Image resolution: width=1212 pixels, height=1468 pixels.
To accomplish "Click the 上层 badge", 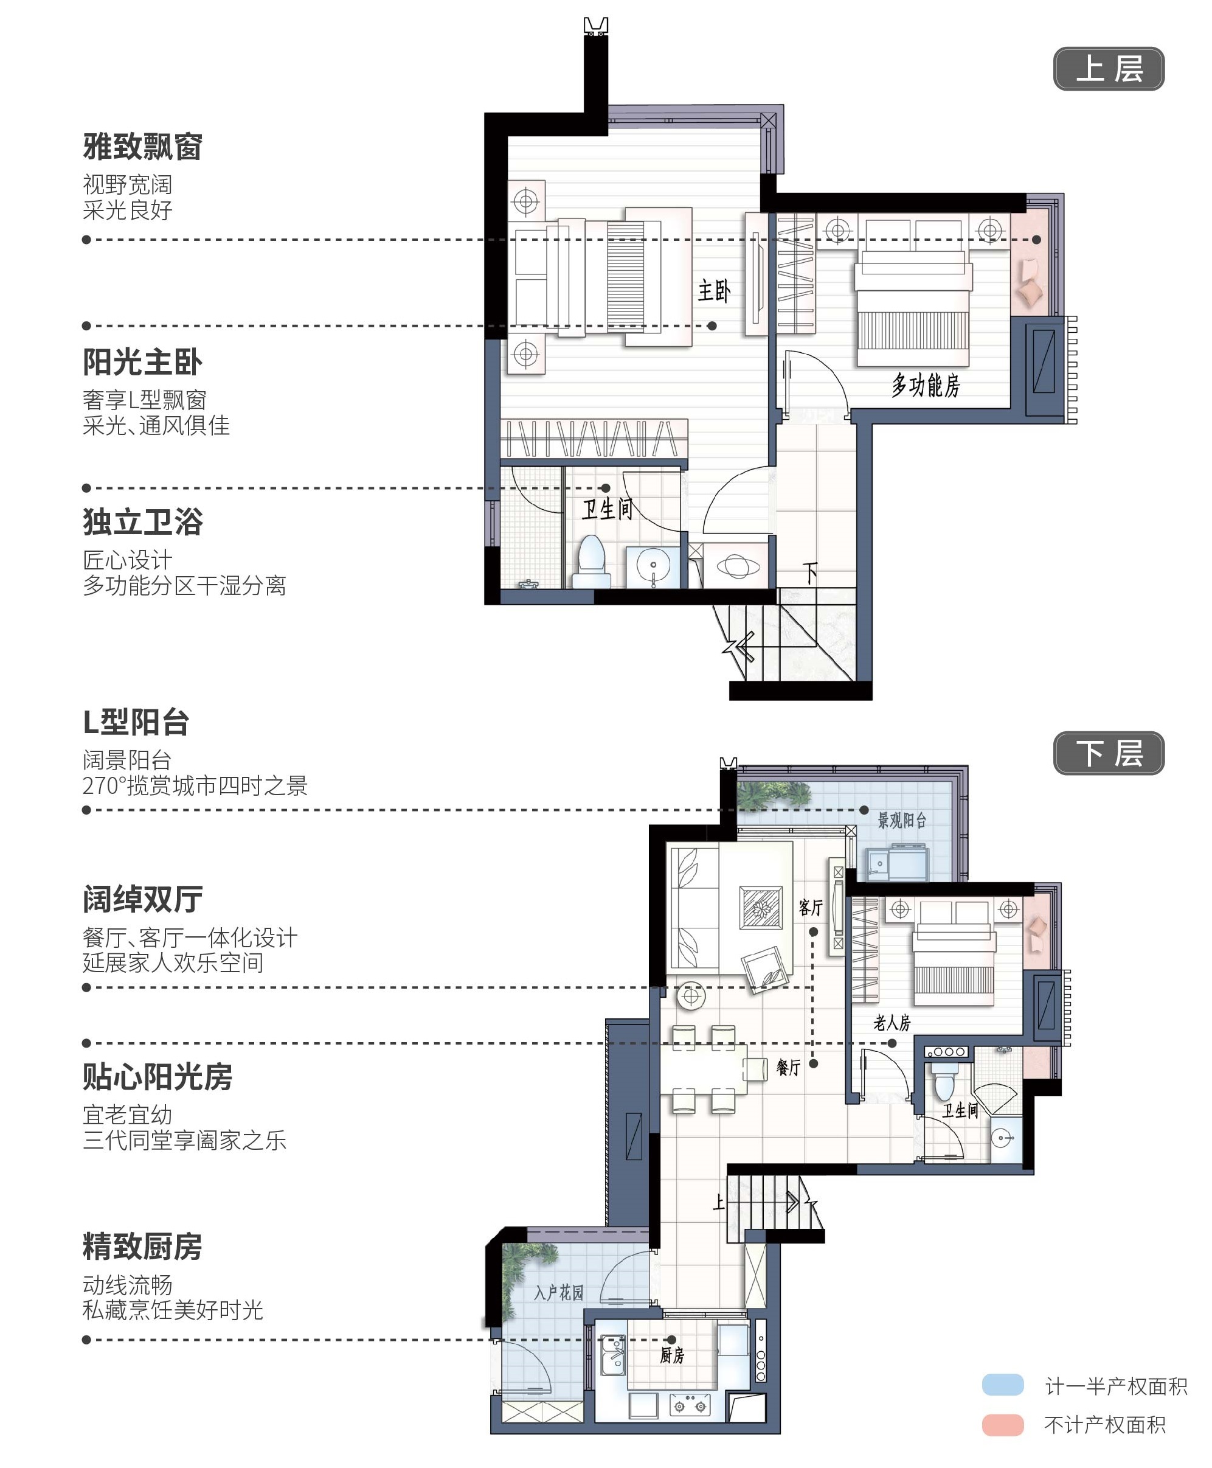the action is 1109,68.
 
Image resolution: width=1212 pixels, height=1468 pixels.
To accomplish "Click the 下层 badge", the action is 1109,753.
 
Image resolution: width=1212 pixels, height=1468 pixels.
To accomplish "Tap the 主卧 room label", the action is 713,291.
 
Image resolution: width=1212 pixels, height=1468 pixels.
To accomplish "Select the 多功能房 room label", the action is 926,385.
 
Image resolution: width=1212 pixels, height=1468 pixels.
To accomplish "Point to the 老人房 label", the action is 892,1023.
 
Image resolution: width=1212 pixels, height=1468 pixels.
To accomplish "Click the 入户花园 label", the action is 558,1293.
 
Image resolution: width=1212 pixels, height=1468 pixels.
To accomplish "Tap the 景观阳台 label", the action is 902,820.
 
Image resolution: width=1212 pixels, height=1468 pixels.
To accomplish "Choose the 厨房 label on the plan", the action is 673,1355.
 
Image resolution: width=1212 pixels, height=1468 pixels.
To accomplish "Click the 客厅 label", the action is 811,907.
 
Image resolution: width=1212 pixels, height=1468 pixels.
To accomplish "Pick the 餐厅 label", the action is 789,1067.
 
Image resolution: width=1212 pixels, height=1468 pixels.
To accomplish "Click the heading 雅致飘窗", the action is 142,147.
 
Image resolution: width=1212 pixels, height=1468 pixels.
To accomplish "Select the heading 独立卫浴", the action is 142,522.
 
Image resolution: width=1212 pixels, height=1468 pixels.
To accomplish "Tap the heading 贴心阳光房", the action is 157,1076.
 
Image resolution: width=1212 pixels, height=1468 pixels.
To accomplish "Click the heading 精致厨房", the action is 142,1247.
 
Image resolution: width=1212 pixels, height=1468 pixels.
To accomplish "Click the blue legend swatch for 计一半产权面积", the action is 1003,1385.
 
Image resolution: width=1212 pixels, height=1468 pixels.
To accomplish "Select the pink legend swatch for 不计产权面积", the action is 1003,1425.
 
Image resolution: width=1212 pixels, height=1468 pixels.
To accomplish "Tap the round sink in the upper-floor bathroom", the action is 653,566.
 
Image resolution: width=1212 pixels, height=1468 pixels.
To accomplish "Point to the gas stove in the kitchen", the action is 690,1405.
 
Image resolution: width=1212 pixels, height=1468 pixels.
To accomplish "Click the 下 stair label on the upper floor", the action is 809,572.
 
